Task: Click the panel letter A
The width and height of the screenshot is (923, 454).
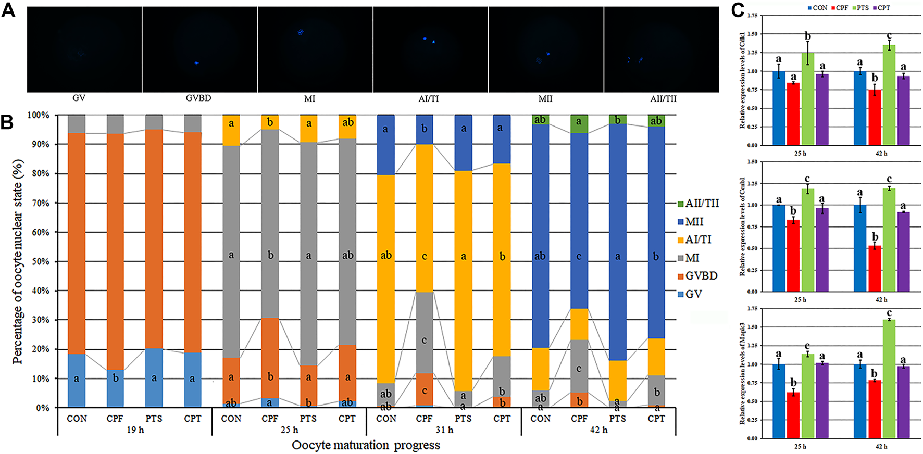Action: (8, 10)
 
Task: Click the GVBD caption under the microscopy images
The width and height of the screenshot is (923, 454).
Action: (198, 98)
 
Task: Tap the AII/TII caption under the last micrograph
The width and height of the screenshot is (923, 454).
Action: (663, 98)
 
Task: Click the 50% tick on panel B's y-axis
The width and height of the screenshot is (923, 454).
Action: (38, 262)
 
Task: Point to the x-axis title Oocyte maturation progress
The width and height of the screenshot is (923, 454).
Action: (366, 445)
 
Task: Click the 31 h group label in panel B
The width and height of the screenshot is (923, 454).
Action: (444, 430)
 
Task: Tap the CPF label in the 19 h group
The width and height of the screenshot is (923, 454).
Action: (115, 419)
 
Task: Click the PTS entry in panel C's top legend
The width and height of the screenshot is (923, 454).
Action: (859, 8)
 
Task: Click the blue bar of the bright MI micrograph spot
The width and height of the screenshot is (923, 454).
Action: (300, 32)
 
